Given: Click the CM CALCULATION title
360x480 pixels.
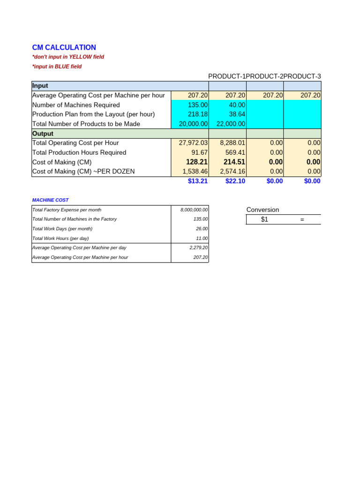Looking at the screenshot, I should [x=64, y=47].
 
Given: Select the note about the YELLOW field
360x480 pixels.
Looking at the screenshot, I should [x=68, y=57].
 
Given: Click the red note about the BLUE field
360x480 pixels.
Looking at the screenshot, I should [x=57, y=67].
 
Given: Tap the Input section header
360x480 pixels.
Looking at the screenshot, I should [x=40, y=86].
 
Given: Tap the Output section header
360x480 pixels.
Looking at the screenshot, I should [x=43, y=134].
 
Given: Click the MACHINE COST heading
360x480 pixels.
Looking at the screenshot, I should [x=50, y=200].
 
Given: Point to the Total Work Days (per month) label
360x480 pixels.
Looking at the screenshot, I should [x=62, y=229].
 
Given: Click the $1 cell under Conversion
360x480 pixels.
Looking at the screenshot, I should [x=264, y=219].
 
